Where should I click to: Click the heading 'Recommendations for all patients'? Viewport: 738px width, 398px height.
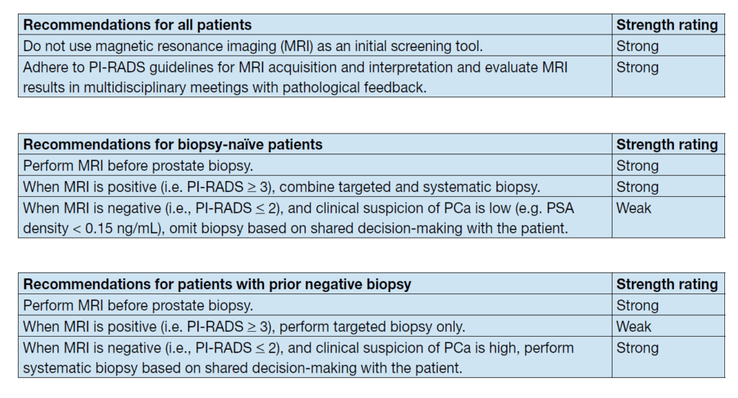click(138, 25)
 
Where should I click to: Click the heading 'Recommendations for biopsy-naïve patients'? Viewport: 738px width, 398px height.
click(173, 144)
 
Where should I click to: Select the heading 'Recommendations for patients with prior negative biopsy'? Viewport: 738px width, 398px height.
click(217, 284)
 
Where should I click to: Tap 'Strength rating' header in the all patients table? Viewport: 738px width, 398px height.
click(667, 25)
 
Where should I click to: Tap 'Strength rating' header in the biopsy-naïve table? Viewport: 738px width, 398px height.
click(667, 144)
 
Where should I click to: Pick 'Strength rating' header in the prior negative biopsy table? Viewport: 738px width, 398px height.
click(667, 284)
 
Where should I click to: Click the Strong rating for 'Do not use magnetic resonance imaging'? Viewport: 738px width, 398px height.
click(637, 46)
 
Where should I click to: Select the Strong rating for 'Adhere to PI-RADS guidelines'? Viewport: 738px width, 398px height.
click(637, 67)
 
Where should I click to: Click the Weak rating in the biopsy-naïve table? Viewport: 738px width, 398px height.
click(633, 208)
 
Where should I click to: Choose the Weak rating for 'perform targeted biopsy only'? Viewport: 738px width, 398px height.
click(633, 327)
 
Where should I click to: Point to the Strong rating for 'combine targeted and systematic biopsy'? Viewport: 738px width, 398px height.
click(637, 187)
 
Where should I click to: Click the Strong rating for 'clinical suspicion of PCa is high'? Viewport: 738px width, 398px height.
click(637, 348)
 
